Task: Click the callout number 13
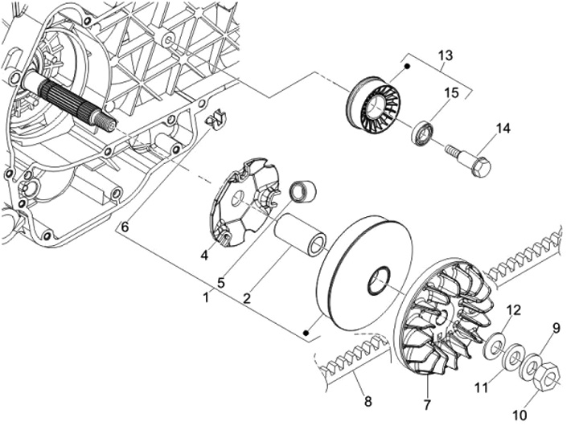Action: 445,55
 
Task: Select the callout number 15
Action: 451,92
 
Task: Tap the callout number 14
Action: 503,129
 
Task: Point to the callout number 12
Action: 514,310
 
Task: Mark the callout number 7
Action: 427,402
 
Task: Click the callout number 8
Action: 367,400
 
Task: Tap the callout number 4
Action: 205,256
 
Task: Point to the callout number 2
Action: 247,298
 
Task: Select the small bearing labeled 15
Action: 423,133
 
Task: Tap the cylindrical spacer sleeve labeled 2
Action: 301,233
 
